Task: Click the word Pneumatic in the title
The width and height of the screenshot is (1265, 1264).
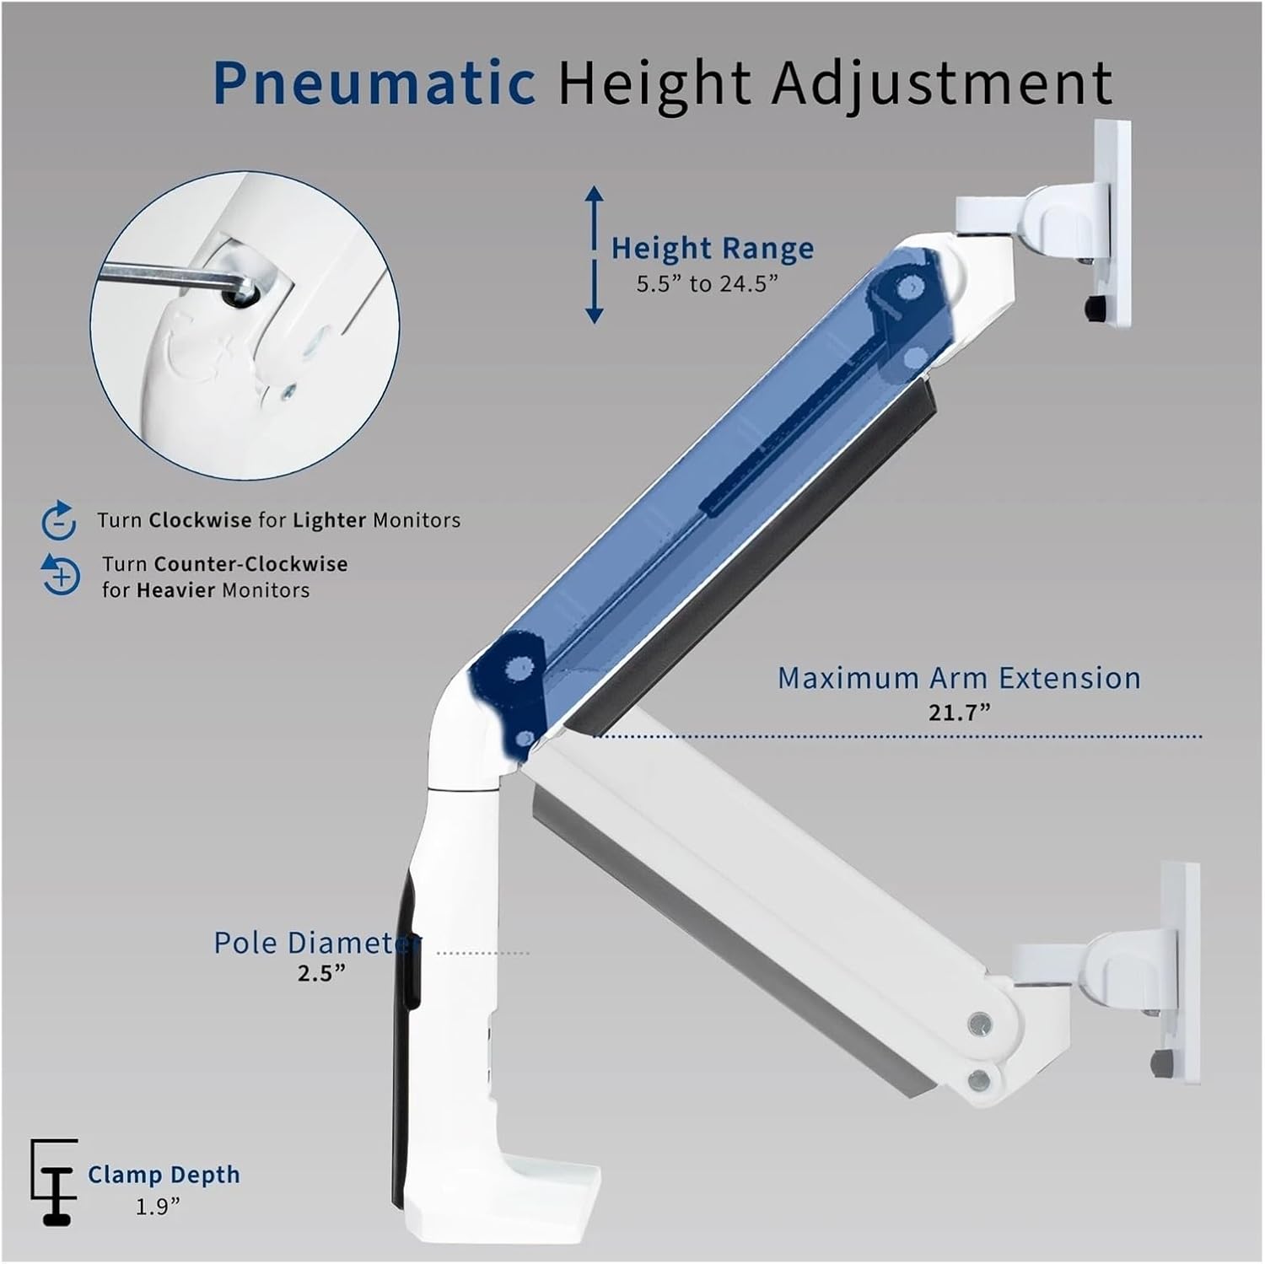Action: click(x=374, y=83)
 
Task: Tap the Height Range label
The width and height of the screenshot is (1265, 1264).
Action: click(x=713, y=248)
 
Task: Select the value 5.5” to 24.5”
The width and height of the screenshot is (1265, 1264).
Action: click(x=707, y=283)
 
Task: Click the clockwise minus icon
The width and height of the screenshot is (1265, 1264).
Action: click(x=59, y=520)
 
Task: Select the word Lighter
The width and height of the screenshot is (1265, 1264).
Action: click(x=330, y=520)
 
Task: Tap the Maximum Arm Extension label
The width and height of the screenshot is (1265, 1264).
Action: click(x=959, y=678)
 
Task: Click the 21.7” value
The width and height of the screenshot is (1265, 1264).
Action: click(x=959, y=713)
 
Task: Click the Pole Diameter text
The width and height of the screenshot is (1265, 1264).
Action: click(x=315, y=943)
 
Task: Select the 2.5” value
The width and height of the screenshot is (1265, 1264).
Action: click(x=321, y=973)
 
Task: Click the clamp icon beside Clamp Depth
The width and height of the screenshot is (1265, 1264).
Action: click(x=54, y=1181)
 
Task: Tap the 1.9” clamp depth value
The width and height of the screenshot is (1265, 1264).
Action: click(x=159, y=1208)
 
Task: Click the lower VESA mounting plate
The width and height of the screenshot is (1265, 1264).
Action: click(x=1181, y=970)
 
